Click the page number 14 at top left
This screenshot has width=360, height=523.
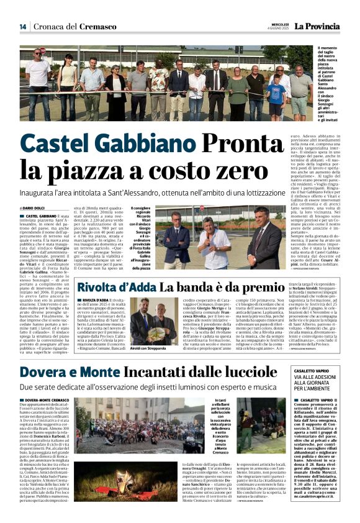pyautogui.click(x=22, y=27)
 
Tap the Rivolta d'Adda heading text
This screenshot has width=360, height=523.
pyautogui.click(x=116, y=288)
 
